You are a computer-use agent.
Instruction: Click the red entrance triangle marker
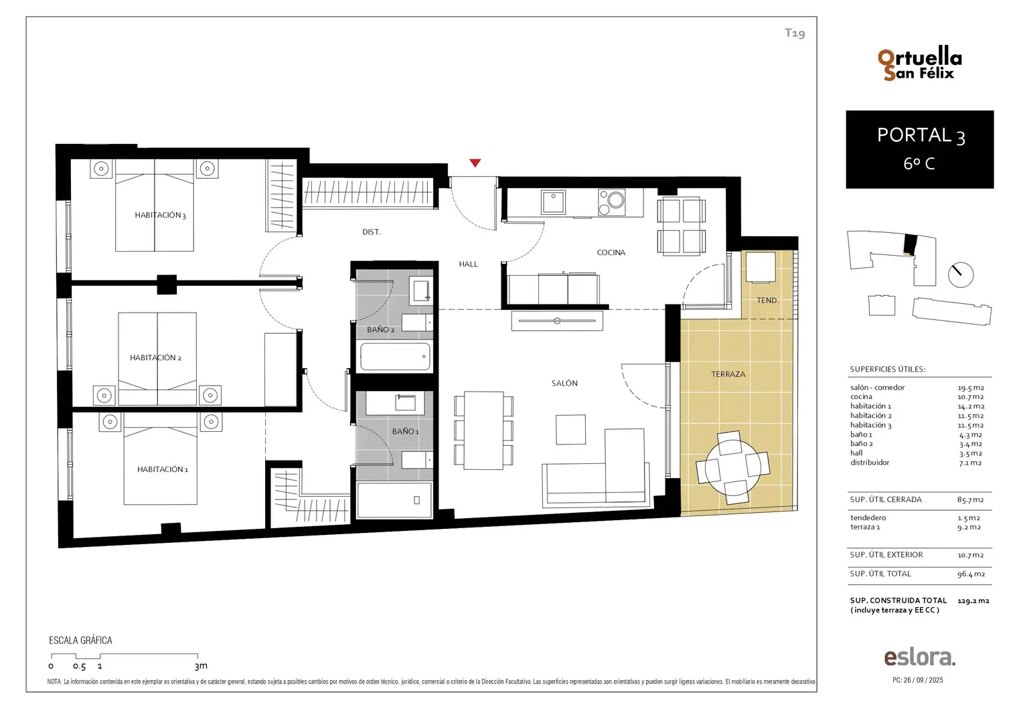pyautogui.click(x=475, y=163)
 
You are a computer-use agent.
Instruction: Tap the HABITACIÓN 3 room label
pyautogui.click(x=160, y=215)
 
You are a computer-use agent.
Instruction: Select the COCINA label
pyautogui.click(x=611, y=252)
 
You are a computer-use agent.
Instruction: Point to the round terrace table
pyautogui.click(x=732, y=467)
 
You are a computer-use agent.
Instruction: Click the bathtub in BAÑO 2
pyautogui.click(x=396, y=356)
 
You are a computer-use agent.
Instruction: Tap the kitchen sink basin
pyautogui.click(x=553, y=202)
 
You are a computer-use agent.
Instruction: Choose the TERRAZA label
pyautogui.click(x=728, y=374)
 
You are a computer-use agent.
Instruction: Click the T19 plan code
pyautogui.click(x=795, y=33)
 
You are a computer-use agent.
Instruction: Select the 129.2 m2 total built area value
pyautogui.click(x=973, y=601)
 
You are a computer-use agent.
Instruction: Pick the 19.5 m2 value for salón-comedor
pyautogui.click(x=971, y=388)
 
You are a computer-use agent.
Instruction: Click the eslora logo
pyautogui.click(x=919, y=657)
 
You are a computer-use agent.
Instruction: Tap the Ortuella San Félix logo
pyautogui.click(x=919, y=64)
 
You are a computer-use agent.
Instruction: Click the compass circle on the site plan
pyautogui.click(x=961, y=275)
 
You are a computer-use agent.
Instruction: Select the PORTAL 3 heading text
pyautogui.click(x=921, y=136)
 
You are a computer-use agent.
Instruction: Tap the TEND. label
pyautogui.click(x=767, y=301)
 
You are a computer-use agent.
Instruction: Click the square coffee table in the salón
pyautogui.click(x=570, y=429)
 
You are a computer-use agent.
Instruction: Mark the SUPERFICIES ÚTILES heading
pyautogui.click(x=887, y=369)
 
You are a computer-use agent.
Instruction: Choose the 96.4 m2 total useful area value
pyautogui.click(x=971, y=574)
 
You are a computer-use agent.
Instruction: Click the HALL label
pyautogui.click(x=468, y=264)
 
